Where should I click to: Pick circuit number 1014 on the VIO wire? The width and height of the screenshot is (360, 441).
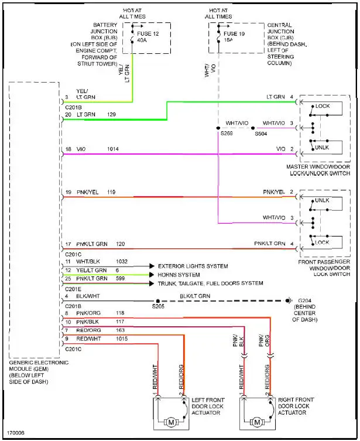coord(113,150)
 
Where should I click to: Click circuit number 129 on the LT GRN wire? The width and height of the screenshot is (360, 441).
coord(112,114)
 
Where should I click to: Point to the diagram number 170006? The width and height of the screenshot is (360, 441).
coord(16,434)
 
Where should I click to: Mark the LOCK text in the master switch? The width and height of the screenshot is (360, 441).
coord(323,107)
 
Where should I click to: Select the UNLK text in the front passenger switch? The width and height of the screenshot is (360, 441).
coord(323,200)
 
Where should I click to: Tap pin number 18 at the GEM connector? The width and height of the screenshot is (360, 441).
coord(68,150)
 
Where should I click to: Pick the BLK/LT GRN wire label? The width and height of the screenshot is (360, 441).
coord(194,296)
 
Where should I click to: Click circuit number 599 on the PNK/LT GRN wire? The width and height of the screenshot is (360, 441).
coord(121,283)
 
